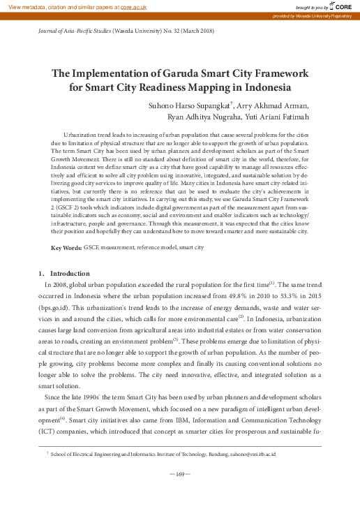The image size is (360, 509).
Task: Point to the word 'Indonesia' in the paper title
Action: pos(260,88)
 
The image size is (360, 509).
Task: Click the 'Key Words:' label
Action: pos(67,249)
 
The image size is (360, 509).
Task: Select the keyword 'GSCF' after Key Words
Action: pos(91,249)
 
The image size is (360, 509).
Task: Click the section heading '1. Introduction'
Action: pos(65,272)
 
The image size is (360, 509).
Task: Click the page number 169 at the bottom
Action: pos(180,475)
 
